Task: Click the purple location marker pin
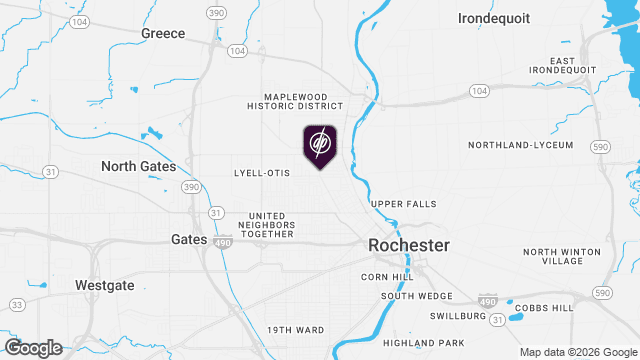click(320, 146)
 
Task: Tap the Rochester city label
click(409, 245)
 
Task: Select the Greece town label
click(163, 33)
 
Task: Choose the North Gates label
click(138, 166)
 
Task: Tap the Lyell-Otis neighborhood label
click(261, 173)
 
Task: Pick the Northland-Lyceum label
click(521, 145)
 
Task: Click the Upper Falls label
click(404, 204)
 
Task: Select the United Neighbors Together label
click(272, 225)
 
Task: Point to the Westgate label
click(104, 285)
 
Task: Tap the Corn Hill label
click(387, 276)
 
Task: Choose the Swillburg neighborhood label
click(449, 315)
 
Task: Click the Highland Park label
click(432, 342)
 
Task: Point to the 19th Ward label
click(295, 329)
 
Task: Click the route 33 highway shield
click(16, 304)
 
